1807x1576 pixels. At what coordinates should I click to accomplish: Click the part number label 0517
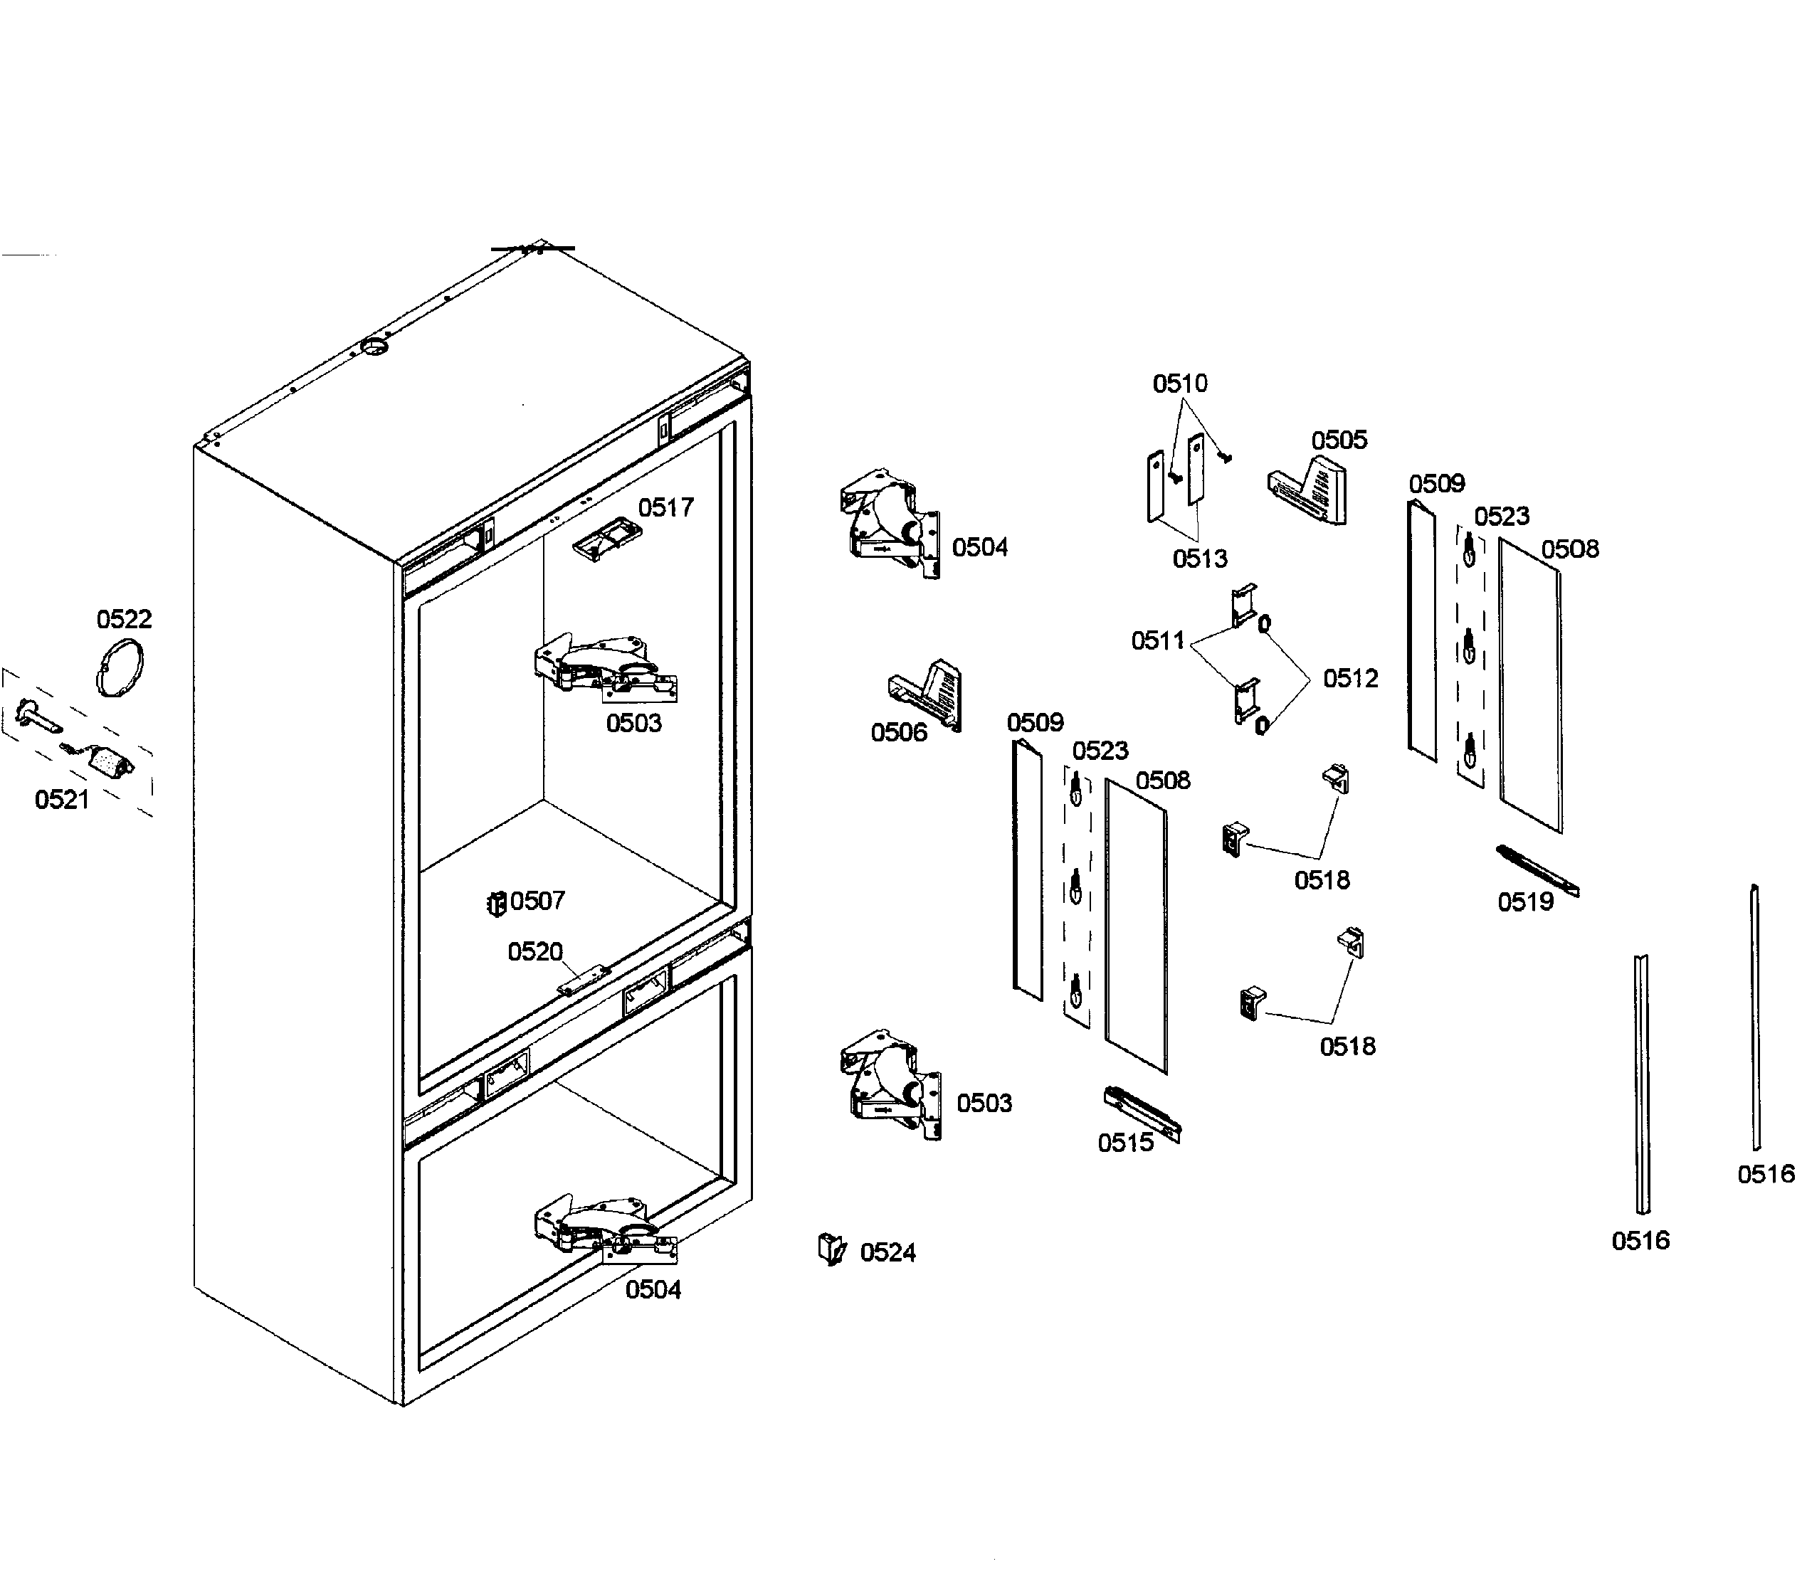(665, 507)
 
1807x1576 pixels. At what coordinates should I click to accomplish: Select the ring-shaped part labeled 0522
(119, 670)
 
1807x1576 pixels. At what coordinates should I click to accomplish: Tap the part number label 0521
(62, 800)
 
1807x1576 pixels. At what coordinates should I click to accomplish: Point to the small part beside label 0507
(496, 902)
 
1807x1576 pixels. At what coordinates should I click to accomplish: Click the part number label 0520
(535, 951)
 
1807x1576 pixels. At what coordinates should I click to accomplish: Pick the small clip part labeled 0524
(831, 1249)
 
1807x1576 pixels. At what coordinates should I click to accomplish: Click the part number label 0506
(898, 733)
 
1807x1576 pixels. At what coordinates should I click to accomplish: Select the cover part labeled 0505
(1309, 492)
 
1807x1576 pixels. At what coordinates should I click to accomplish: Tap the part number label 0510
(1180, 384)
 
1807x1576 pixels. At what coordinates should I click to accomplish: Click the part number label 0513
(1199, 559)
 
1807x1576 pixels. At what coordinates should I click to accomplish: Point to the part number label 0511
(1158, 640)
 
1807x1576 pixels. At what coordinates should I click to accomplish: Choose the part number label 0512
(1350, 678)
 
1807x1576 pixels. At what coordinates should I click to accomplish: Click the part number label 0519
(1525, 901)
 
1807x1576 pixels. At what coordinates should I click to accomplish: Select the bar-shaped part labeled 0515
(1142, 1113)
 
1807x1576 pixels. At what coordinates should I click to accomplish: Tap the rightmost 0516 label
(1766, 1174)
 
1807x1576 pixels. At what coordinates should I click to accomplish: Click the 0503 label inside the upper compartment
(633, 723)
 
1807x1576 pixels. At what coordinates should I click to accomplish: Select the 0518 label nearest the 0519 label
(1322, 879)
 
